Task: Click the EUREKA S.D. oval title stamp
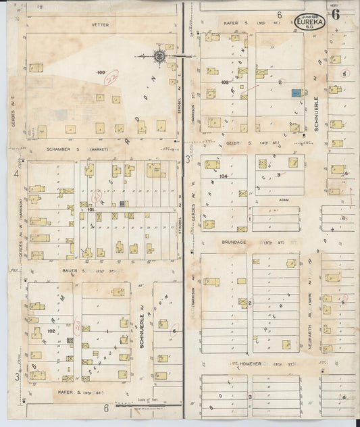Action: [x=311, y=21]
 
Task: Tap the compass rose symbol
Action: [x=160, y=56]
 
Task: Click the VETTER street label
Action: [x=101, y=24]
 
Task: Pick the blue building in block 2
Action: [x=294, y=93]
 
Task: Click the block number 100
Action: [x=101, y=72]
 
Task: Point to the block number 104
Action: [x=224, y=176]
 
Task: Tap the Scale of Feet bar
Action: [x=149, y=405]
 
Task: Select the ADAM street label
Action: [x=275, y=200]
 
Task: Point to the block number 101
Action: [x=91, y=210]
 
